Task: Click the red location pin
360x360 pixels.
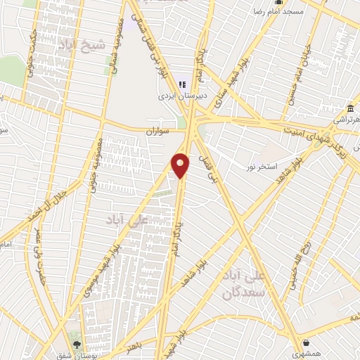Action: click(181, 165)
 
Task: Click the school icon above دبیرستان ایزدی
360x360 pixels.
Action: click(184, 85)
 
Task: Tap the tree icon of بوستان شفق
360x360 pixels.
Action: click(77, 345)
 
